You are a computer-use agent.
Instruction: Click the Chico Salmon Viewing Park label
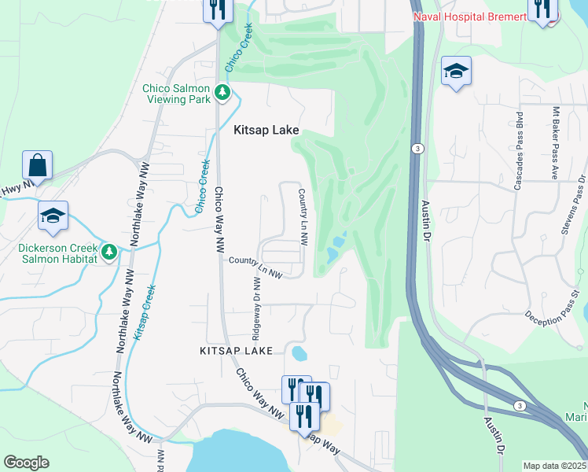click(176, 94)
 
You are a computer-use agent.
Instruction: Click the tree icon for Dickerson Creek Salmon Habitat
click(109, 253)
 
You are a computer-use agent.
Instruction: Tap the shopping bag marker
click(37, 166)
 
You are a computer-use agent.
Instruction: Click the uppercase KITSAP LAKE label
click(237, 349)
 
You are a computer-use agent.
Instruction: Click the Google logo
click(26, 463)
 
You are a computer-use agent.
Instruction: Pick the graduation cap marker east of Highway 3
click(456, 72)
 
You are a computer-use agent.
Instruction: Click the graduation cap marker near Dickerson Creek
click(53, 216)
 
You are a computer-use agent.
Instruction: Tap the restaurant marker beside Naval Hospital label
click(542, 9)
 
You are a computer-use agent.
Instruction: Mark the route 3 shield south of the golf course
click(519, 404)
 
